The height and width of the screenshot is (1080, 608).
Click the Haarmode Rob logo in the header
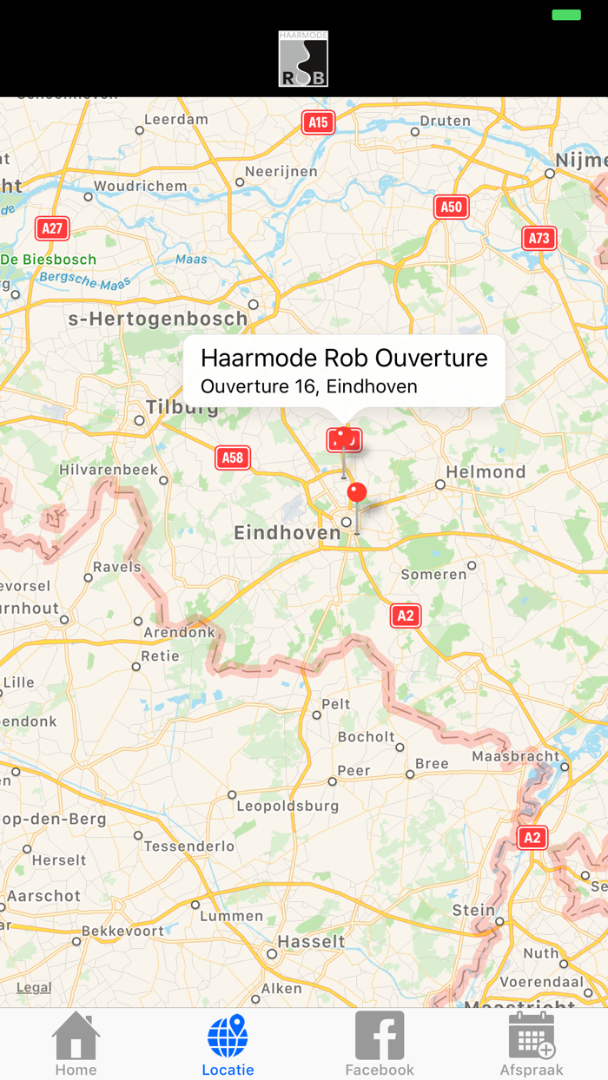[303, 59]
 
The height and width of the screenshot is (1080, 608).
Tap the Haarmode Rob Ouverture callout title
[344, 358]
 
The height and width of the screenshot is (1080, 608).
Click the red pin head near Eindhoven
[357, 493]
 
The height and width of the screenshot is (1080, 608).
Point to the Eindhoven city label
[287, 533]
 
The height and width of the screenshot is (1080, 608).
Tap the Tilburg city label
[182, 407]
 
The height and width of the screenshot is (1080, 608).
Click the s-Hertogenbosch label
[158, 319]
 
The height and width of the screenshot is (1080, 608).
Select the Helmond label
[486, 472]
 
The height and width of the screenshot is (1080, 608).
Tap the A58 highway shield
[233, 458]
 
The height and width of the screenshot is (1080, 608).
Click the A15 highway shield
[319, 122]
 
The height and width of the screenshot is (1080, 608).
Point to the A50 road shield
[451, 207]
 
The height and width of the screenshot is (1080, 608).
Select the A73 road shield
[539, 239]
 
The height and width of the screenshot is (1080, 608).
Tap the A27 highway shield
[52, 228]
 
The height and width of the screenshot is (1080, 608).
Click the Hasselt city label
[311, 941]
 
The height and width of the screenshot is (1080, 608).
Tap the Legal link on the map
[34, 987]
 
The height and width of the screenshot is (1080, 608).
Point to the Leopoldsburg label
[287, 806]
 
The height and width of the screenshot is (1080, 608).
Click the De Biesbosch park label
[49, 260]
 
